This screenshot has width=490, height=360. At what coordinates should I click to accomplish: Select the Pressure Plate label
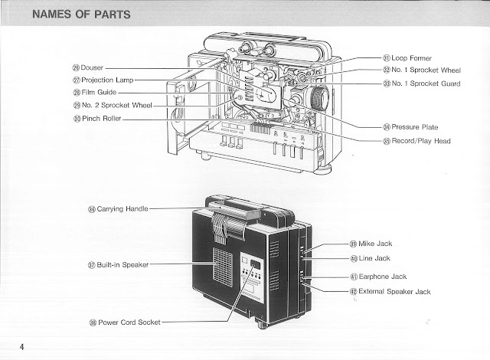[411, 126]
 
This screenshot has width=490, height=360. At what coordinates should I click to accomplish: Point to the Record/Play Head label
[419, 141]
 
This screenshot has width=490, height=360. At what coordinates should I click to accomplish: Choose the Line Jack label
[374, 258]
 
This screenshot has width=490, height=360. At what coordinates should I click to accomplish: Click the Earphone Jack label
[383, 277]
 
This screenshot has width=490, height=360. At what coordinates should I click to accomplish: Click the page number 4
[23, 346]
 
